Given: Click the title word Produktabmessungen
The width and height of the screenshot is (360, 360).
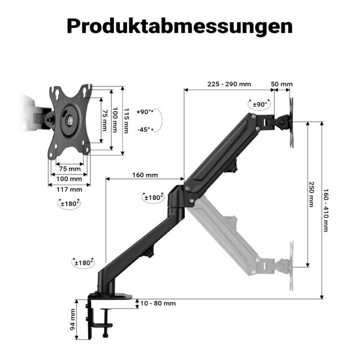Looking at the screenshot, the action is point(180,26).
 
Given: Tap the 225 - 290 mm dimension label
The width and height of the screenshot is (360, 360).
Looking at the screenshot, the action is point(229,84).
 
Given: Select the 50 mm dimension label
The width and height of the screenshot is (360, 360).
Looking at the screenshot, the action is point(282,84).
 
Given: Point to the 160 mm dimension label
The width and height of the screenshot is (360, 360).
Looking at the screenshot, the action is point(145,175).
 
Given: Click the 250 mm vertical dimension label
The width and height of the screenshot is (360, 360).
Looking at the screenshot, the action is point(311,194).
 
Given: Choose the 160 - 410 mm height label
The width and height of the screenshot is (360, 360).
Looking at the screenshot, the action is point(326,211).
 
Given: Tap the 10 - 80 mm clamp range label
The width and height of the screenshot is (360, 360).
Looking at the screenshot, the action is point(158,303).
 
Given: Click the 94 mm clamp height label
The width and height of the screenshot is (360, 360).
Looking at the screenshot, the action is point(73,319).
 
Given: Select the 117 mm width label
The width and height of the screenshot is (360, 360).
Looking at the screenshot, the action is point(69,190).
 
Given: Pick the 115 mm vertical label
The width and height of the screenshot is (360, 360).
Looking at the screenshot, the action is point(126,121).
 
